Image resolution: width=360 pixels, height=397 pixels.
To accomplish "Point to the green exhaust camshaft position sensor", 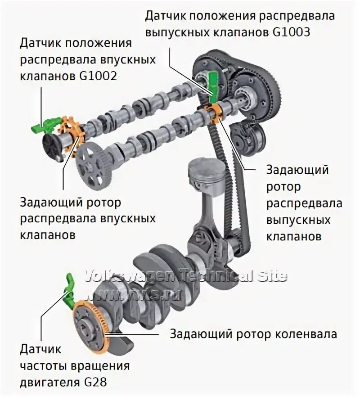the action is tap(213, 82).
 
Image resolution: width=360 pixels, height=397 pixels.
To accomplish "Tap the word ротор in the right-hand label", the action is tap(283, 186).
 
